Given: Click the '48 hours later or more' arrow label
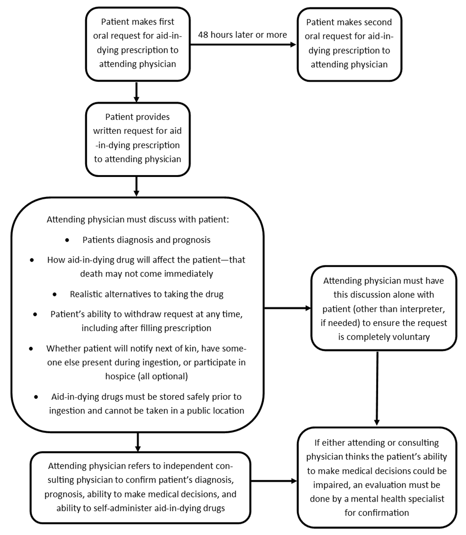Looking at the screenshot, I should (x=242, y=35).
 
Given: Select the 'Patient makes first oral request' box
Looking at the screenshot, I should (x=138, y=44).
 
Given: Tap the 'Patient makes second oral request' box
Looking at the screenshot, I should (x=349, y=44).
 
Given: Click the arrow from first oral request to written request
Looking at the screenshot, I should (x=137, y=92).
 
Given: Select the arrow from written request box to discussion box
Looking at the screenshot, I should (x=137, y=186).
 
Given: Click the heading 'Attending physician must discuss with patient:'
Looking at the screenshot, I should (x=138, y=219).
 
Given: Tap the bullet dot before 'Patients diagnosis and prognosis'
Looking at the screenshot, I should (x=68, y=240).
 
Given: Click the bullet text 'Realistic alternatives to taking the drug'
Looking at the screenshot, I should (x=146, y=294).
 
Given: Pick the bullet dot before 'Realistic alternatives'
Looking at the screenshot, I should (x=55, y=295).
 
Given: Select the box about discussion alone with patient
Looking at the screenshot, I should (x=378, y=308).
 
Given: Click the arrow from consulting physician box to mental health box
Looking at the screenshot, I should (x=274, y=481).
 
